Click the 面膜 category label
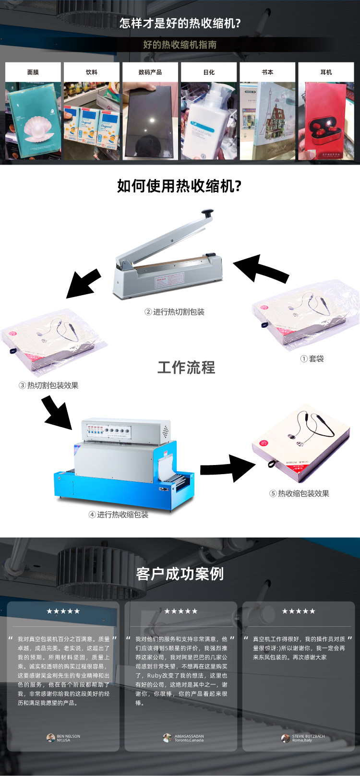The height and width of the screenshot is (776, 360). [x=33, y=72]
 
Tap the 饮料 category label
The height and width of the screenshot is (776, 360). [x=92, y=72]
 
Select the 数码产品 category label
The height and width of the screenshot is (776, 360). [x=150, y=72]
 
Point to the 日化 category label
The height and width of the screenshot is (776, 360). [x=209, y=72]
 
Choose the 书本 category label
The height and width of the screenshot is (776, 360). [x=267, y=72]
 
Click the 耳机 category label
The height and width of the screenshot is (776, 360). [x=326, y=72]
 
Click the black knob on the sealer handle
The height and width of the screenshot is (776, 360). [x=207, y=212]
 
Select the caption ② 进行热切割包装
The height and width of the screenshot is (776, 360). [x=175, y=312]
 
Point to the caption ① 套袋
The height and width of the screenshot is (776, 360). [x=312, y=358]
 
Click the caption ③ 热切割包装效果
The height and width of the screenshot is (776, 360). [x=48, y=385]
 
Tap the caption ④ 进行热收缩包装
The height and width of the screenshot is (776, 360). [x=119, y=514]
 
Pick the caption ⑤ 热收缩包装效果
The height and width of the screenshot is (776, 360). [x=299, y=493]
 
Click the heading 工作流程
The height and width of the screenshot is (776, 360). [x=186, y=368]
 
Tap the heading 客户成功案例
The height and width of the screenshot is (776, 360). [x=180, y=574]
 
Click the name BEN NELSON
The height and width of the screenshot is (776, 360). [x=68, y=736]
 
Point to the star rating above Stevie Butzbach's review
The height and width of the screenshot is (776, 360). [x=299, y=611]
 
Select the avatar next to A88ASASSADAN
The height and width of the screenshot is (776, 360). [x=167, y=738]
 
